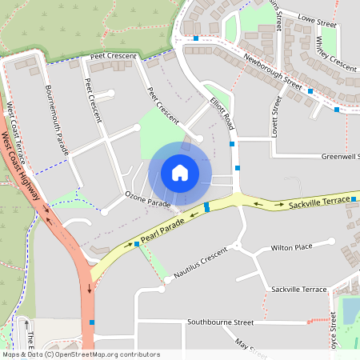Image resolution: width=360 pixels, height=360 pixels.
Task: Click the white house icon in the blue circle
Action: point(180,173)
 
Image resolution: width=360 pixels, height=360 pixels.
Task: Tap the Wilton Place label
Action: point(291,248)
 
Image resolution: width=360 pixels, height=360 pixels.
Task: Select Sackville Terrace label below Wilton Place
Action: point(298,288)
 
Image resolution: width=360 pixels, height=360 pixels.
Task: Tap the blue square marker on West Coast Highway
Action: point(93,322)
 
